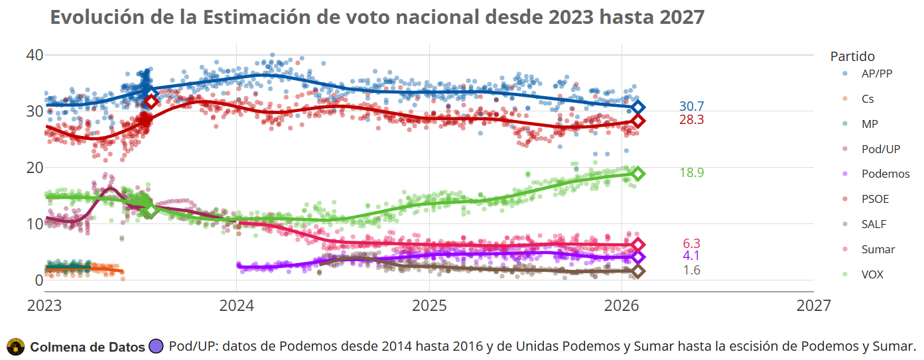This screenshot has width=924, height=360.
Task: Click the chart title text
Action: coord(377,18)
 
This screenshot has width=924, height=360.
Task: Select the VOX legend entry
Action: coord(872,274)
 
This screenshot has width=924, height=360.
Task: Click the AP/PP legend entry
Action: coord(876,74)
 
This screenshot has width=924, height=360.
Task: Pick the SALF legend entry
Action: coord(874,224)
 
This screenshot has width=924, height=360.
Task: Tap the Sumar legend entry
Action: coord(878,249)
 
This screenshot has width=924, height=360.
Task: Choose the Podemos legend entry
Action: coord(885,174)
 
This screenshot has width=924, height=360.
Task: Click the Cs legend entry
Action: coord(868,99)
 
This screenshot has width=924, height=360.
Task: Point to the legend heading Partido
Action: coord(852,56)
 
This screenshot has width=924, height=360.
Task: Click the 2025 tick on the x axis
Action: coord(429,306)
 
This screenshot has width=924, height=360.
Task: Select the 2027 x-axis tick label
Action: coord(813,306)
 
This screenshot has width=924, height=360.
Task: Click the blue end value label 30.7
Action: coord(691,107)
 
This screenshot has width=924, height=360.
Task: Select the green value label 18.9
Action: coord(691,173)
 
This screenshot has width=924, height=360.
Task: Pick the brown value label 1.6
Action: coord(691,270)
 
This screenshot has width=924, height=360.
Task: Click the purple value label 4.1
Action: coord(691,256)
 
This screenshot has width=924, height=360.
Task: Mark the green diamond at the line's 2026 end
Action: coord(637,174)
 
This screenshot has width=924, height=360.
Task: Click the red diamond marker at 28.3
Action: coord(637,121)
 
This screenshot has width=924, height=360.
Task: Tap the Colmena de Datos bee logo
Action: coord(15,347)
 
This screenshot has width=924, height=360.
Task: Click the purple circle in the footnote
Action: coord(157,347)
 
